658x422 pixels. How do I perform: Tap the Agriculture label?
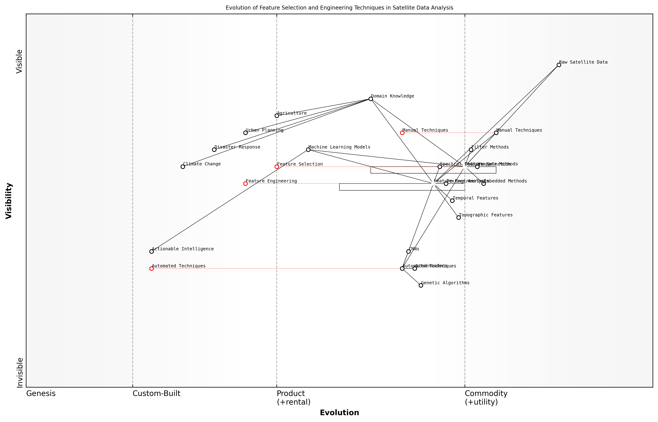(292, 113)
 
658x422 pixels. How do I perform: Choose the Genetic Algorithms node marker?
(421, 286)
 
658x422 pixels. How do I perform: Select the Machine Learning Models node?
(308, 150)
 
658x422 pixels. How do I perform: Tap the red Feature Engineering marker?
(246, 184)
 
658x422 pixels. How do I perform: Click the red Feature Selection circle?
(277, 167)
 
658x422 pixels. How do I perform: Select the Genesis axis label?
(41, 393)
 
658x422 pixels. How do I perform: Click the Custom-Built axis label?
(157, 393)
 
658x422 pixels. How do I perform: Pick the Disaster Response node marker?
(214, 150)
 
